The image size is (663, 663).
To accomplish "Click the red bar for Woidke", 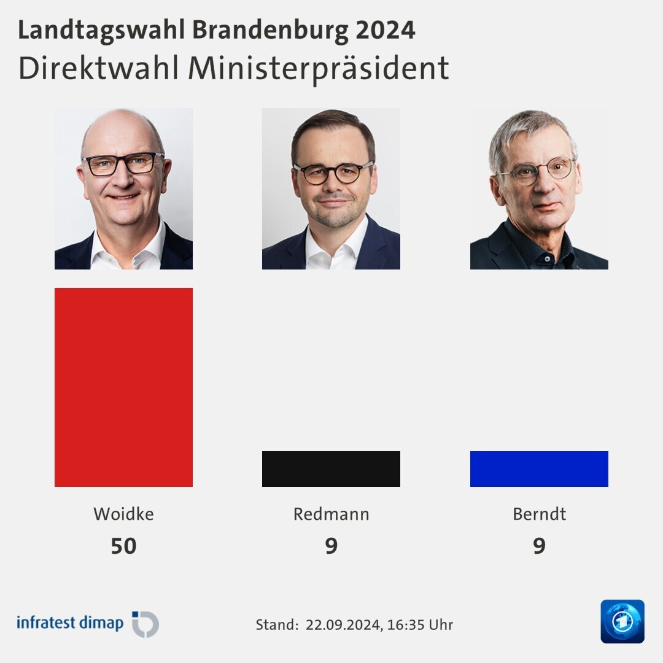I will click(x=123, y=387).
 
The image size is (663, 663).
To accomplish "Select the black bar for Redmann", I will click(x=331, y=469).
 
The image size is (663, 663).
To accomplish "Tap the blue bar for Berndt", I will click(x=539, y=469).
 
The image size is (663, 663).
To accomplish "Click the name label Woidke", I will click(x=123, y=514).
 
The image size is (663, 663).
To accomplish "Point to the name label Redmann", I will click(x=331, y=514).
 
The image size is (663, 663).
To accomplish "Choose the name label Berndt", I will click(x=539, y=514).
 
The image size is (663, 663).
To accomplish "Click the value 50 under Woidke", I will click(x=123, y=546).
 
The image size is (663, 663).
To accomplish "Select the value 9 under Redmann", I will click(x=331, y=546).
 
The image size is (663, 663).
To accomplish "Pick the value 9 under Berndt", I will click(x=539, y=546).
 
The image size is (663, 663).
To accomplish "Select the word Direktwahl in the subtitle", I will click(x=99, y=69).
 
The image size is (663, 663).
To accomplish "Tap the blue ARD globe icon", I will click(x=622, y=621).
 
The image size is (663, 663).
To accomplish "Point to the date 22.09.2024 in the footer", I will click(x=343, y=625).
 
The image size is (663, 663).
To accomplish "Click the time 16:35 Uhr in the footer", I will click(x=420, y=625).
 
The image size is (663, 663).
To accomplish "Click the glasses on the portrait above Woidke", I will click(x=123, y=163).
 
